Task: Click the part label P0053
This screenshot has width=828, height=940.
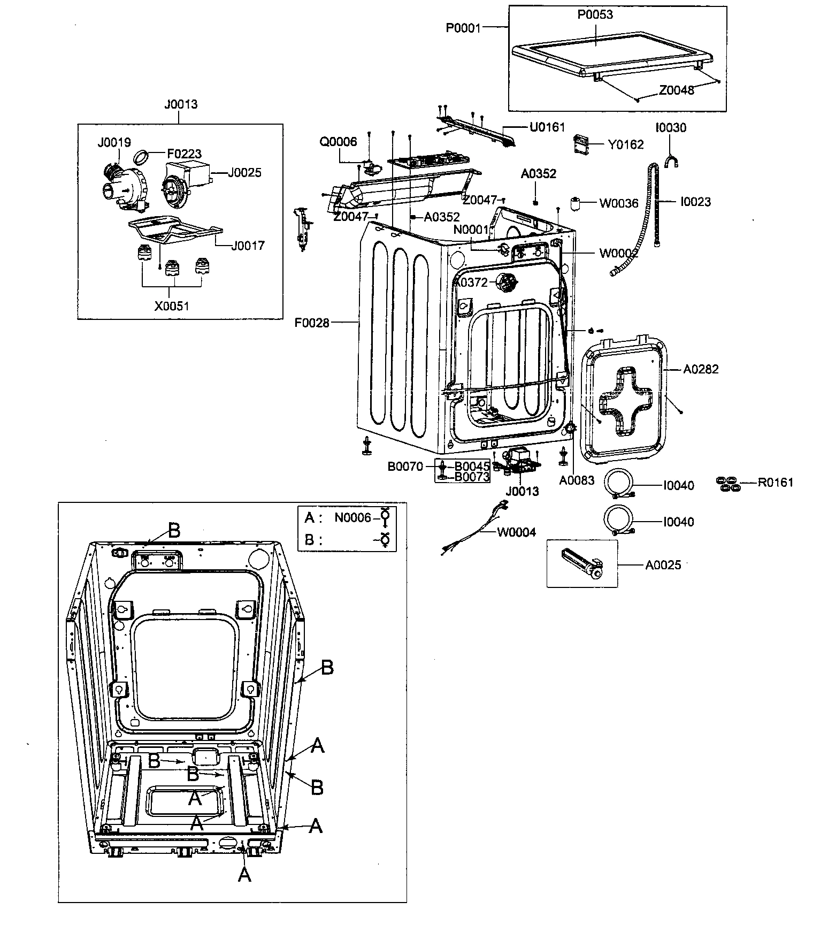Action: coord(595,14)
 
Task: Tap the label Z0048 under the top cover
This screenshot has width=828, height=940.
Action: coord(676,90)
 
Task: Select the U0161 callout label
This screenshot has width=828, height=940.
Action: coord(547,127)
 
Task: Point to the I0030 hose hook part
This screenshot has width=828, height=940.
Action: coord(670,160)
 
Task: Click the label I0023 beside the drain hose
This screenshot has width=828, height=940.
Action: coord(695,202)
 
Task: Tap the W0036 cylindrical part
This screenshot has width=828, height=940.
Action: coord(576,204)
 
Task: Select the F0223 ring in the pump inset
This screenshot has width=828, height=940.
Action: coord(141,158)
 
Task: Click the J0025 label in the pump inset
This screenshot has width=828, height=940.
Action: coord(244,173)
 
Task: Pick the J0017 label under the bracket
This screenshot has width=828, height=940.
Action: coord(248,246)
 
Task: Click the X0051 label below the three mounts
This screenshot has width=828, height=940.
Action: coord(172,306)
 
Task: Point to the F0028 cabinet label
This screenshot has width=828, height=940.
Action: coord(312,323)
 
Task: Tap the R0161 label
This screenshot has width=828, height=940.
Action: coord(776,483)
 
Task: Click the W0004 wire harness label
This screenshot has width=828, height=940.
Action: coord(516,532)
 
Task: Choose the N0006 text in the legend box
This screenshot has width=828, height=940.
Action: coord(352,517)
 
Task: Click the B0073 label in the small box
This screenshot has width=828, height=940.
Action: coord(472,477)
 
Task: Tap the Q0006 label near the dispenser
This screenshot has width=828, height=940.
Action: coord(338,141)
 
